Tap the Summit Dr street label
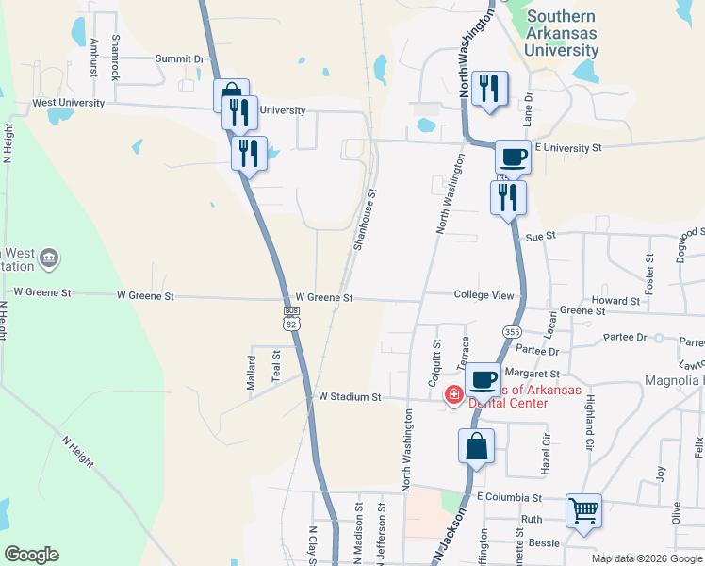179,58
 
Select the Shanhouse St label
365,219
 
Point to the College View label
484,295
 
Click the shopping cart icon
584,511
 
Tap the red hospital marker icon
454,393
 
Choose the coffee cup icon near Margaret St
483,379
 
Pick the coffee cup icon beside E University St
513,156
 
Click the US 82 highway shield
291,318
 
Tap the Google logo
31,555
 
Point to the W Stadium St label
349,397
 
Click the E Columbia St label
509,497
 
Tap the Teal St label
276,365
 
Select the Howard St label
615,301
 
